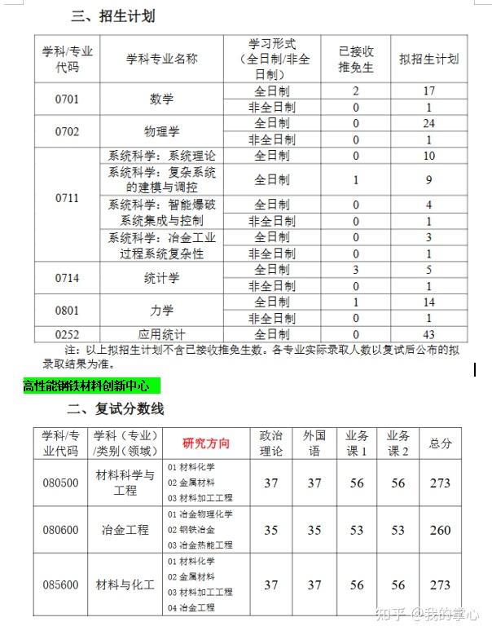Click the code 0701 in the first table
point(67,99)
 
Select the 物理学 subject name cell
point(161,131)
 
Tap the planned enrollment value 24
point(428,123)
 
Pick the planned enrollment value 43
point(428,334)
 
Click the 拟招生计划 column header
point(428,59)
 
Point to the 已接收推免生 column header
point(356,59)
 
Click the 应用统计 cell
point(161,334)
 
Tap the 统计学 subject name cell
point(161,278)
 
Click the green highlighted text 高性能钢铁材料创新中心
point(86,386)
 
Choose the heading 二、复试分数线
point(116,408)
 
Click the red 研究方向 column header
point(206,443)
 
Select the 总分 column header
point(440,443)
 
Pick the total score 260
point(440,530)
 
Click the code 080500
point(61,483)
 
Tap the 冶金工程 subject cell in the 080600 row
point(125,530)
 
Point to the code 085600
point(61,584)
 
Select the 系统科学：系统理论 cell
point(163,156)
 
